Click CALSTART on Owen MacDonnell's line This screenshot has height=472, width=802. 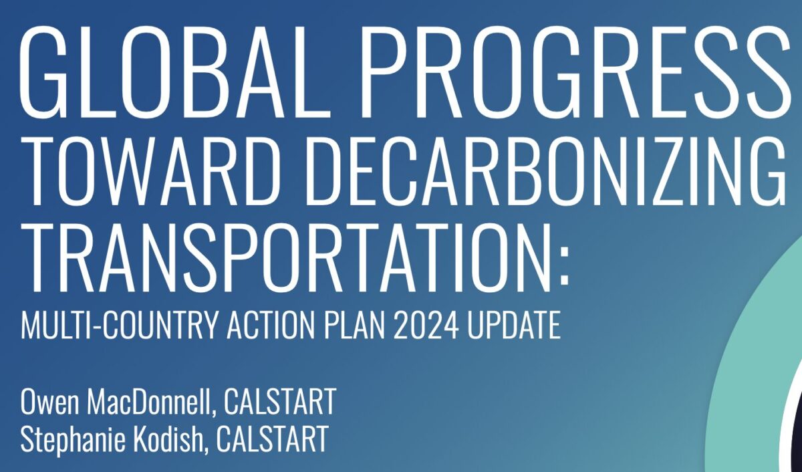pyautogui.click(x=280, y=403)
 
